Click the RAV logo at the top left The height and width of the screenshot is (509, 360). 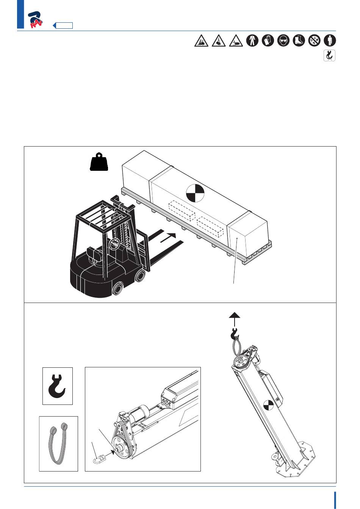pos(35,20)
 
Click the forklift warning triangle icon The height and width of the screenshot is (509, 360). pos(201,41)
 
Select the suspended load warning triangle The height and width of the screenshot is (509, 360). pos(219,41)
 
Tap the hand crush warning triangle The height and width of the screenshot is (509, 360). pos(236,41)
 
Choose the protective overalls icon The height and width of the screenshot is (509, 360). pos(252,41)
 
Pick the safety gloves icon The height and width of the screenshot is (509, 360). pos(268,41)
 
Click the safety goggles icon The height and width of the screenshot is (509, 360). pos(283,41)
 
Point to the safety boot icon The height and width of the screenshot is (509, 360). pos(299,41)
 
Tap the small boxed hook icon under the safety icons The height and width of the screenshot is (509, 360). pos(329,56)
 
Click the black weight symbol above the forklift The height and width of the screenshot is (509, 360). pos(99,162)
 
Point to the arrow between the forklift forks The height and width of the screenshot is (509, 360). pos(168,238)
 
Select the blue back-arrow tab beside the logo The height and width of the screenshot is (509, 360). pos(63,25)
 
